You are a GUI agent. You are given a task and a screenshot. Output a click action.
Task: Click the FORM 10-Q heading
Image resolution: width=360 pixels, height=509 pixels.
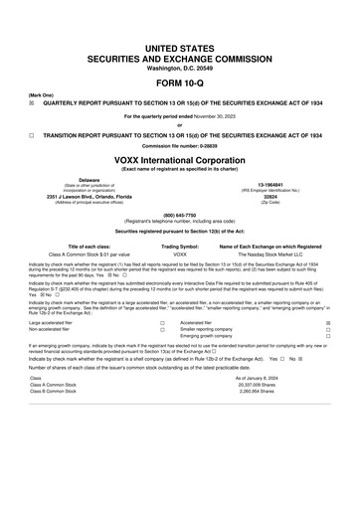click(179, 84)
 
